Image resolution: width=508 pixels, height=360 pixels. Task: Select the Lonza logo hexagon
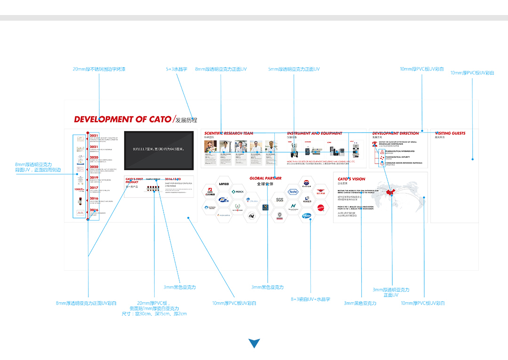pos(224,184)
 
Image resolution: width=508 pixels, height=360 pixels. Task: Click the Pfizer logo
pos(307,215)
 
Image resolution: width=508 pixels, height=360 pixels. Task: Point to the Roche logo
pos(293,192)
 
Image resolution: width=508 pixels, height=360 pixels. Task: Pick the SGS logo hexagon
pos(280,199)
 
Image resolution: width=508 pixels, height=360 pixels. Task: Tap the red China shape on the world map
pos(389,193)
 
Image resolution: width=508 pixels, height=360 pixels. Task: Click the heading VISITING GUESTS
pos(450,133)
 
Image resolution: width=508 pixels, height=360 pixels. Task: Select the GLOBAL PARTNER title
pos(265,179)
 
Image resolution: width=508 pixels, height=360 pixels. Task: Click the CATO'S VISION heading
pos(351,179)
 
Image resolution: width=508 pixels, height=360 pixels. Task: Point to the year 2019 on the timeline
pos(94,178)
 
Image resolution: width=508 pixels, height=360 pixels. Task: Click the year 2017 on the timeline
pos(94,188)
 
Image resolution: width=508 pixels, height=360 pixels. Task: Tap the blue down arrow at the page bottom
pos(254,343)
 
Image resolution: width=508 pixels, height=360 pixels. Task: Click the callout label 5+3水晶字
pos(176,69)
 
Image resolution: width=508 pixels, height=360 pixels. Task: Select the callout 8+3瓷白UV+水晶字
pos(310,299)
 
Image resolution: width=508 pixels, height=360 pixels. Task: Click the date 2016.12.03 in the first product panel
pos(173,179)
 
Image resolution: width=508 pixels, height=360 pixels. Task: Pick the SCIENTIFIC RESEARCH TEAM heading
pos(229,133)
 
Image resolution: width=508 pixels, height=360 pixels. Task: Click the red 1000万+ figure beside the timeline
pos(79,189)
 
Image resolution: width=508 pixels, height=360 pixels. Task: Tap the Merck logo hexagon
pos(238,192)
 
